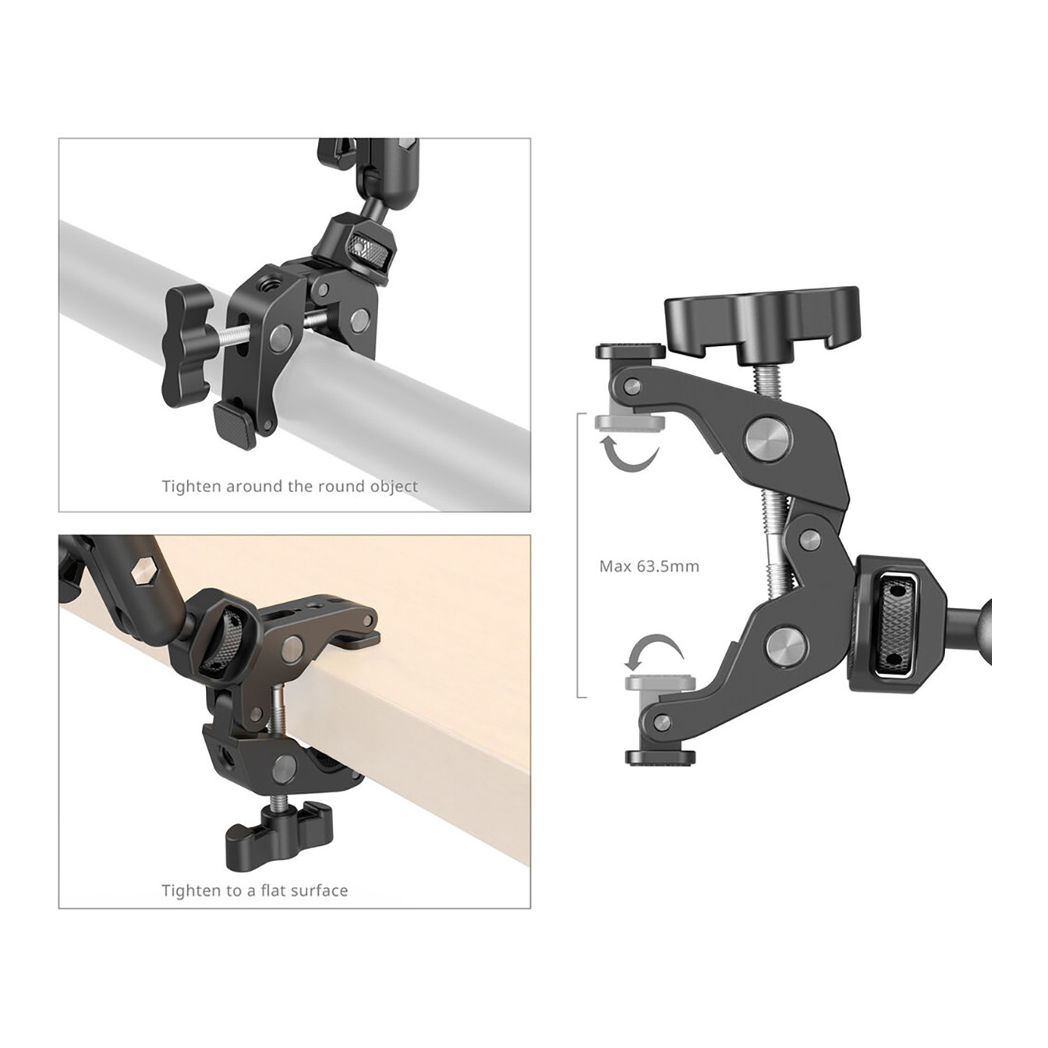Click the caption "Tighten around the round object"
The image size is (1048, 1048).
coord(290,486)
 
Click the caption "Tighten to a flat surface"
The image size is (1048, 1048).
coord(254,890)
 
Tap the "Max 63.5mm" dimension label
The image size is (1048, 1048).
coord(650,566)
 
